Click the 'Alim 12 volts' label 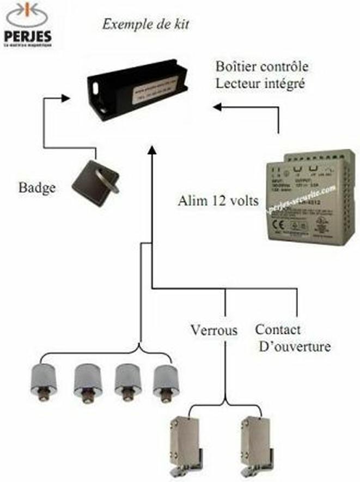coord(218,200)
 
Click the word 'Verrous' coord(214,330)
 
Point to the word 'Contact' coord(278,330)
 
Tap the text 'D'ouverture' coord(293,346)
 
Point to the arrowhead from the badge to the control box coord(65,99)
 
